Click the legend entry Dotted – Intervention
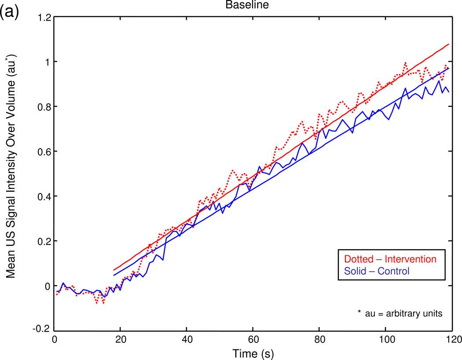387,259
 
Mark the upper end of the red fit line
448,44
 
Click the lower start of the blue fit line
114,275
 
